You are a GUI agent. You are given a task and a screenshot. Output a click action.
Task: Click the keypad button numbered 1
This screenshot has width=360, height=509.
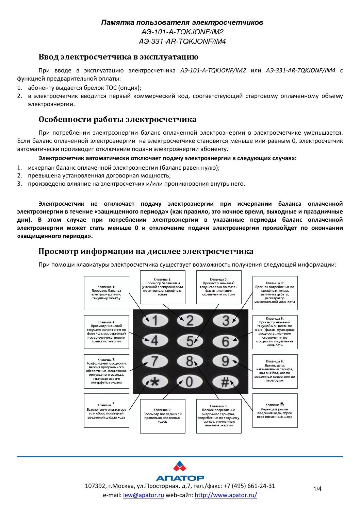point(155,320)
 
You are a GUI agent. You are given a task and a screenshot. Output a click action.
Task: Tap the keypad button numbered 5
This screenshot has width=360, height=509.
point(190,341)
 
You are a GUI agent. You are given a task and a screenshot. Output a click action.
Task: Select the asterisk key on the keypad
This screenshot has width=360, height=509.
point(155,382)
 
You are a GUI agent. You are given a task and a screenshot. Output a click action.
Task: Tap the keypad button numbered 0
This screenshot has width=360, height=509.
point(190,382)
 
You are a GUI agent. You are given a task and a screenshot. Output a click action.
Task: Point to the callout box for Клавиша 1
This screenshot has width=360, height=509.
point(107,293)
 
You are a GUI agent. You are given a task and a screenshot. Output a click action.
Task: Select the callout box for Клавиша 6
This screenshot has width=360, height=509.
point(275,332)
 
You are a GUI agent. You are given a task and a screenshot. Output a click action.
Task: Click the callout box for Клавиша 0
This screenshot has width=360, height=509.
point(163,416)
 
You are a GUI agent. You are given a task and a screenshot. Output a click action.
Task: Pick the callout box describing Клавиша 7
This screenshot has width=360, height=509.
point(107,371)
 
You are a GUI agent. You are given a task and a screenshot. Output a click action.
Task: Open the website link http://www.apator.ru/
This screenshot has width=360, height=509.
point(226,495)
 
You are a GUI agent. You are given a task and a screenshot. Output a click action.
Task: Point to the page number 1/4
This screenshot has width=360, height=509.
point(317,489)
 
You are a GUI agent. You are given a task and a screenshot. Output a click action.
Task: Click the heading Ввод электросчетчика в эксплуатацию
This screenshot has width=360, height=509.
point(118,57)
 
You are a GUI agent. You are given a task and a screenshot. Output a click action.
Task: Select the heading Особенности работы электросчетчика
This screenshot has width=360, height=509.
point(117,119)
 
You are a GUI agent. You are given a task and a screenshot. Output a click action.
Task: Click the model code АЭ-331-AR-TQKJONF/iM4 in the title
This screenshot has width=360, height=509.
point(182,41)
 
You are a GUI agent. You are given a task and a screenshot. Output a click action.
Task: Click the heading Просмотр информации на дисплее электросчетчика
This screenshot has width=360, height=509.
point(146,251)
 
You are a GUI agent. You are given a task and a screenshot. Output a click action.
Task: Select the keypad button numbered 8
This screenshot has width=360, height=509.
point(190,361)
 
